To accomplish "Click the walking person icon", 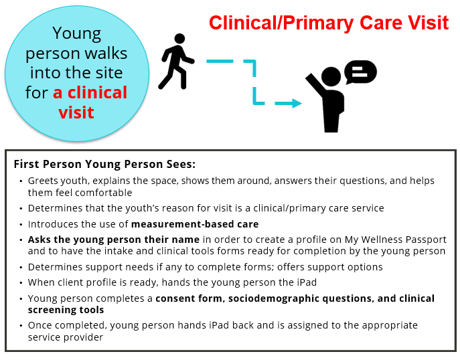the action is (x=176, y=62).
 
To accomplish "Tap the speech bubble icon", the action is (x=360, y=72).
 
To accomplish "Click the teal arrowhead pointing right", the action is (x=297, y=103).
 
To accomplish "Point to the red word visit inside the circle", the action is (x=76, y=112).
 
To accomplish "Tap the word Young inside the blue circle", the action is (x=77, y=34).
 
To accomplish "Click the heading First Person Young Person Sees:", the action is (x=104, y=164).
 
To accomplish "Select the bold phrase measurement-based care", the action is (x=195, y=224).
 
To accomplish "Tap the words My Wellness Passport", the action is (x=396, y=240).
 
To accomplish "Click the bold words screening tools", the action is (x=66, y=310).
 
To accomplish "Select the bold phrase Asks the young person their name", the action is (x=114, y=240).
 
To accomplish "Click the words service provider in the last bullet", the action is (x=66, y=337).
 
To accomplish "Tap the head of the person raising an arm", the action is (x=331, y=76).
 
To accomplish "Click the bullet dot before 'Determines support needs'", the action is (x=21, y=268).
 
